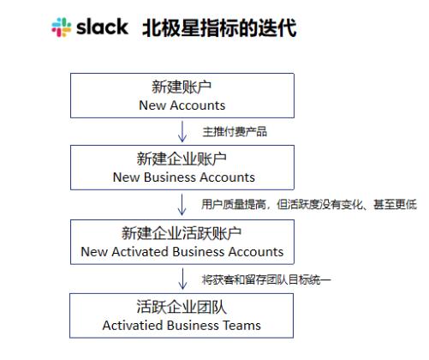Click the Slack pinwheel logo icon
coord(62,27)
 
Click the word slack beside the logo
coord(102,27)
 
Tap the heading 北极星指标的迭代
coord(219,28)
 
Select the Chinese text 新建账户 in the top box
coord(182,87)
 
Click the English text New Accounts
coord(182,105)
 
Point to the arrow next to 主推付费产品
coord(182,131)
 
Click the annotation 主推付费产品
coord(235,132)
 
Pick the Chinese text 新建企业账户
coord(182,159)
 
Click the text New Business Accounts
coord(184,177)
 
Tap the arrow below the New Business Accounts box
coord(182,205)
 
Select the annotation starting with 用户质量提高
coord(309,204)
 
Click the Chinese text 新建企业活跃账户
coord(182,233)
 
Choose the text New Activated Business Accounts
coord(182,252)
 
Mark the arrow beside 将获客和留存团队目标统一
coord(182,279)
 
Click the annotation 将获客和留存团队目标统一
coord(266,279)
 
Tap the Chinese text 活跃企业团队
coord(182,307)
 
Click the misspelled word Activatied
coord(133,326)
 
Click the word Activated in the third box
coord(140,252)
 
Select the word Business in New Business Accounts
coord(170,177)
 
